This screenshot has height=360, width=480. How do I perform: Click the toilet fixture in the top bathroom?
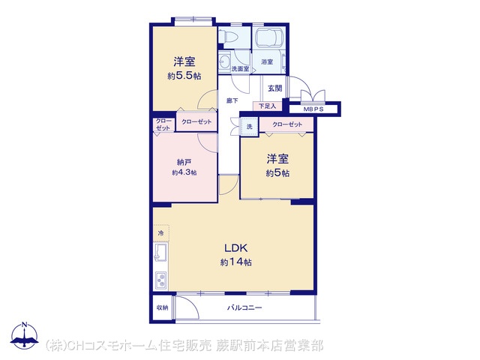(x=228, y=37)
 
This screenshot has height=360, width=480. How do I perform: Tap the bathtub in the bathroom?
(x=269, y=38)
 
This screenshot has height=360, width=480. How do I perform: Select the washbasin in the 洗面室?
(x=224, y=62)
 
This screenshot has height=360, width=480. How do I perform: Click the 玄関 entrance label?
(x=275, y=88)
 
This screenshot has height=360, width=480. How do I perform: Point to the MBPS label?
(x=313, y=109)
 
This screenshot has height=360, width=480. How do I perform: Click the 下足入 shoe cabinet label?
(x=267, y=106)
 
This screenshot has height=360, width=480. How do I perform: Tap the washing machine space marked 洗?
(x=250, y=126)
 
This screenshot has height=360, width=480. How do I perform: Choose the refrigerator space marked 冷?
(x=161, y=233)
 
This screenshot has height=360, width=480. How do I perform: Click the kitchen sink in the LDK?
(x=160, y=252)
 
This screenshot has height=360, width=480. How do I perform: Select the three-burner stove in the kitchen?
(x=160, y=280)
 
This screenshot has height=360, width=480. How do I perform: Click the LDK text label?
(x=235, y=248)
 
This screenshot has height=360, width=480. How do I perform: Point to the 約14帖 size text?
(x=236, y=262)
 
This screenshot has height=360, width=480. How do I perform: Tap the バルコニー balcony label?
(x=244, y=307)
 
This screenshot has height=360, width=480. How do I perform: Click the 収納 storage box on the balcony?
(x=163, y=307)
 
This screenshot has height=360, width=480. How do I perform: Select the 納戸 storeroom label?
(x=184, y=162)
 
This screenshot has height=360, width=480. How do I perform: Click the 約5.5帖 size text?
(x=184, y=76)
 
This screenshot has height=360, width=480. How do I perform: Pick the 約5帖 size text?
(x=277, y=173)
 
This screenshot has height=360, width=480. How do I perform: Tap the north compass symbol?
(x=25, y=335)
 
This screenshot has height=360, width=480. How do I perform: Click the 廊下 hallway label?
(x=232, y=100)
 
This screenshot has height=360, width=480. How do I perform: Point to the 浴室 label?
(x=267, y=61)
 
